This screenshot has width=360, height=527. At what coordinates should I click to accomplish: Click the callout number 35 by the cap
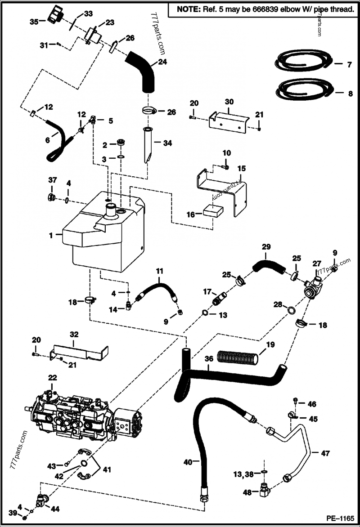pyautogui.click(x=34, y=21)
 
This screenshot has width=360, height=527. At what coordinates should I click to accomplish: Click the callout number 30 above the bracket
pyautogui.click(x=229, y=102)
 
